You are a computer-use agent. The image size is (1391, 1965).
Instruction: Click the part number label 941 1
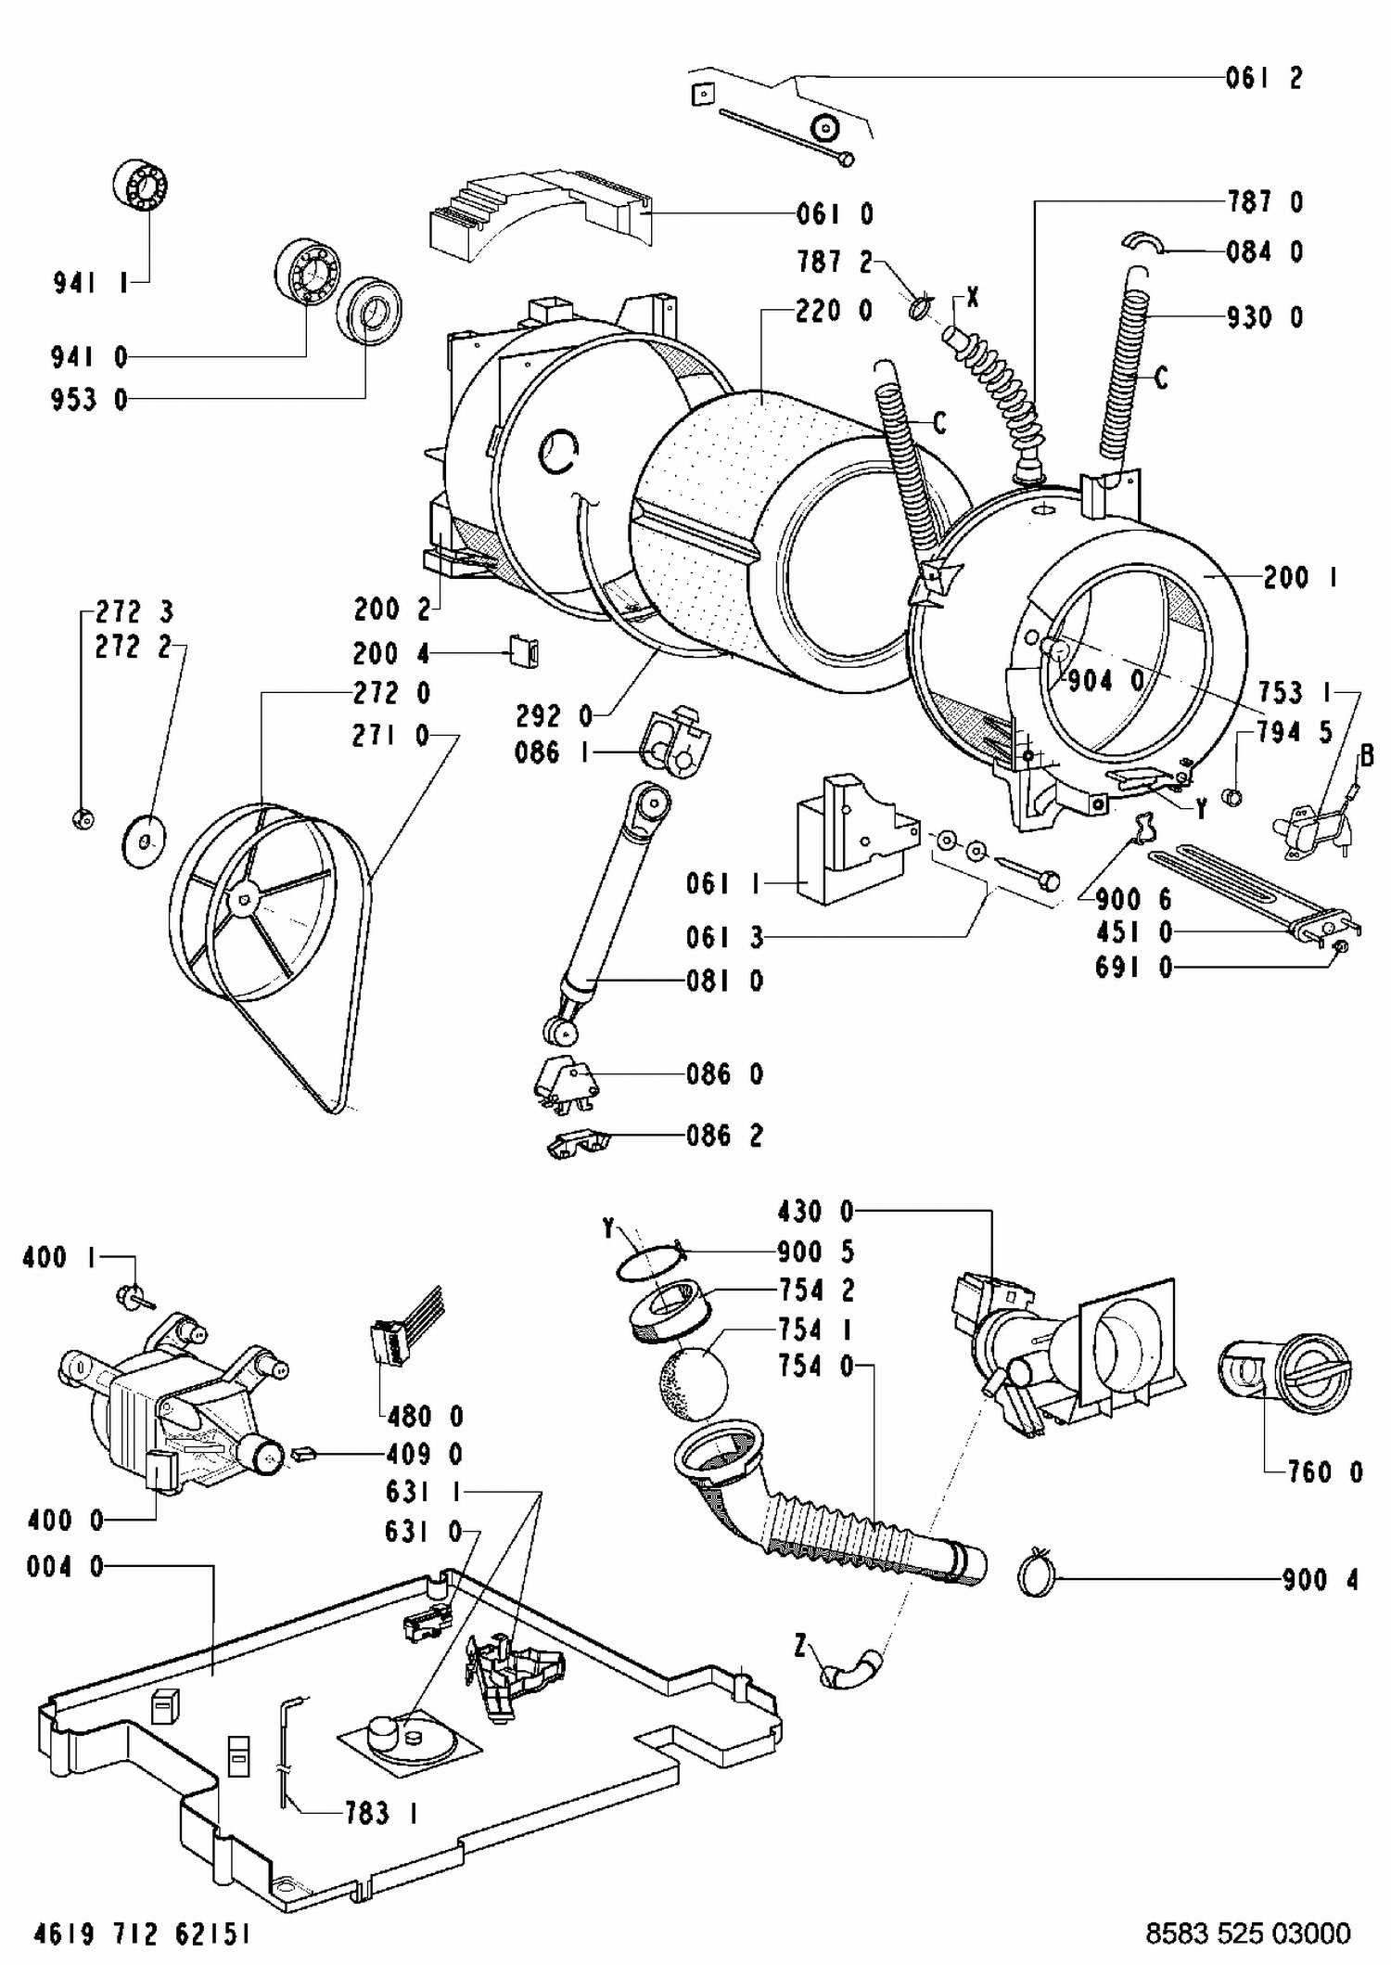pyautogui.click(x=91, y=283)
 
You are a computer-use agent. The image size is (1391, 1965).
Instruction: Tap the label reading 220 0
pyautogui.click(x=834, y=311)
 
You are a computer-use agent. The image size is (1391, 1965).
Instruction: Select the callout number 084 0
pyautogui.click(x=1264, y=252)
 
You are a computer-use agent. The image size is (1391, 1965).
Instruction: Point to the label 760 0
pyautogui.click(x=1325, y=1472)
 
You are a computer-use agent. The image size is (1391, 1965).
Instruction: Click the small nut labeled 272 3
pyautogui.click(x=82, y=817)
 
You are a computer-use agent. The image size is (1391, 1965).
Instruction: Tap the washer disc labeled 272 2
pyautogui.click(x=144, y=841)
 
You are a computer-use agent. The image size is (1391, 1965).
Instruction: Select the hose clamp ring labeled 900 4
pyautogui.click(x=1037, y=1574)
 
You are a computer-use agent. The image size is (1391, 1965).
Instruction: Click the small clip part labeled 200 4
pyautogui.click(x=525, y=651)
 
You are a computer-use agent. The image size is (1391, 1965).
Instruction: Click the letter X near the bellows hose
pyautogui.click(x=972, y=298)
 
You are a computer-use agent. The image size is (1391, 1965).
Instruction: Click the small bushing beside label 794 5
pyautogui.click(x=1232, y=796)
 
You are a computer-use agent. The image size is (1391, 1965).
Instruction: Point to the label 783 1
pyautogui.click(x=380, y=1813)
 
